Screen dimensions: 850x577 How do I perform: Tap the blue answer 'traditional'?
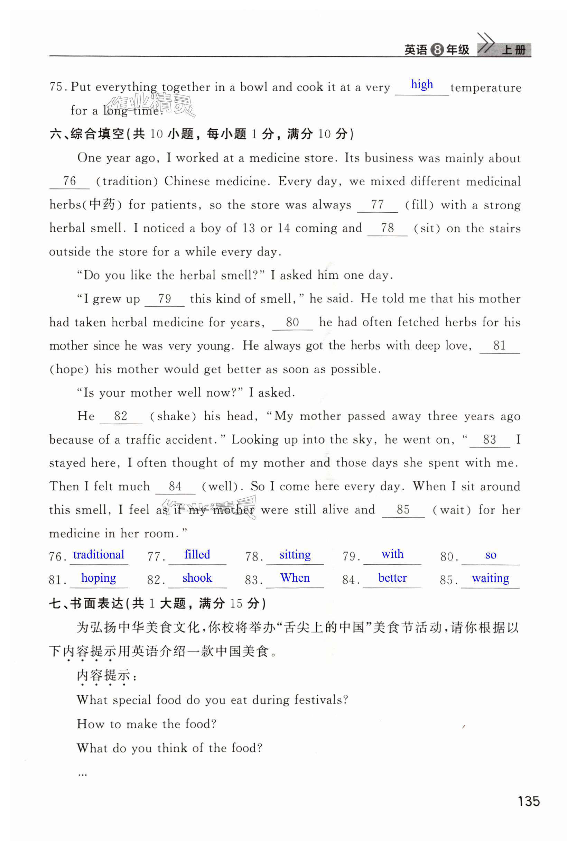point(99,554)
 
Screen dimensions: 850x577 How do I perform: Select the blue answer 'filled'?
point(197,554)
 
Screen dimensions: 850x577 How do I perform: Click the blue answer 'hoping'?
point(99,578)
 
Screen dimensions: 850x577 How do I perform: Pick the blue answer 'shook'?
point(197,578)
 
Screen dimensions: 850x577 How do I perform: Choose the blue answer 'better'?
point(392,578)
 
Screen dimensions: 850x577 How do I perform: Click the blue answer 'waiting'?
point(490,578)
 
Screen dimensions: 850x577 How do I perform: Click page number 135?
point(528,801)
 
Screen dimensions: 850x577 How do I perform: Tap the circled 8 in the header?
point(437,50)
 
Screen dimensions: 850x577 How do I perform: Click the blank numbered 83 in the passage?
point(489,440)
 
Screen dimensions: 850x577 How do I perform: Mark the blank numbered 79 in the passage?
point(165,299)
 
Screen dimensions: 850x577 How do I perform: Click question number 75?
point(57,87)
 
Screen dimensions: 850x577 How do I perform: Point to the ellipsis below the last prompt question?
point(82,774)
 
